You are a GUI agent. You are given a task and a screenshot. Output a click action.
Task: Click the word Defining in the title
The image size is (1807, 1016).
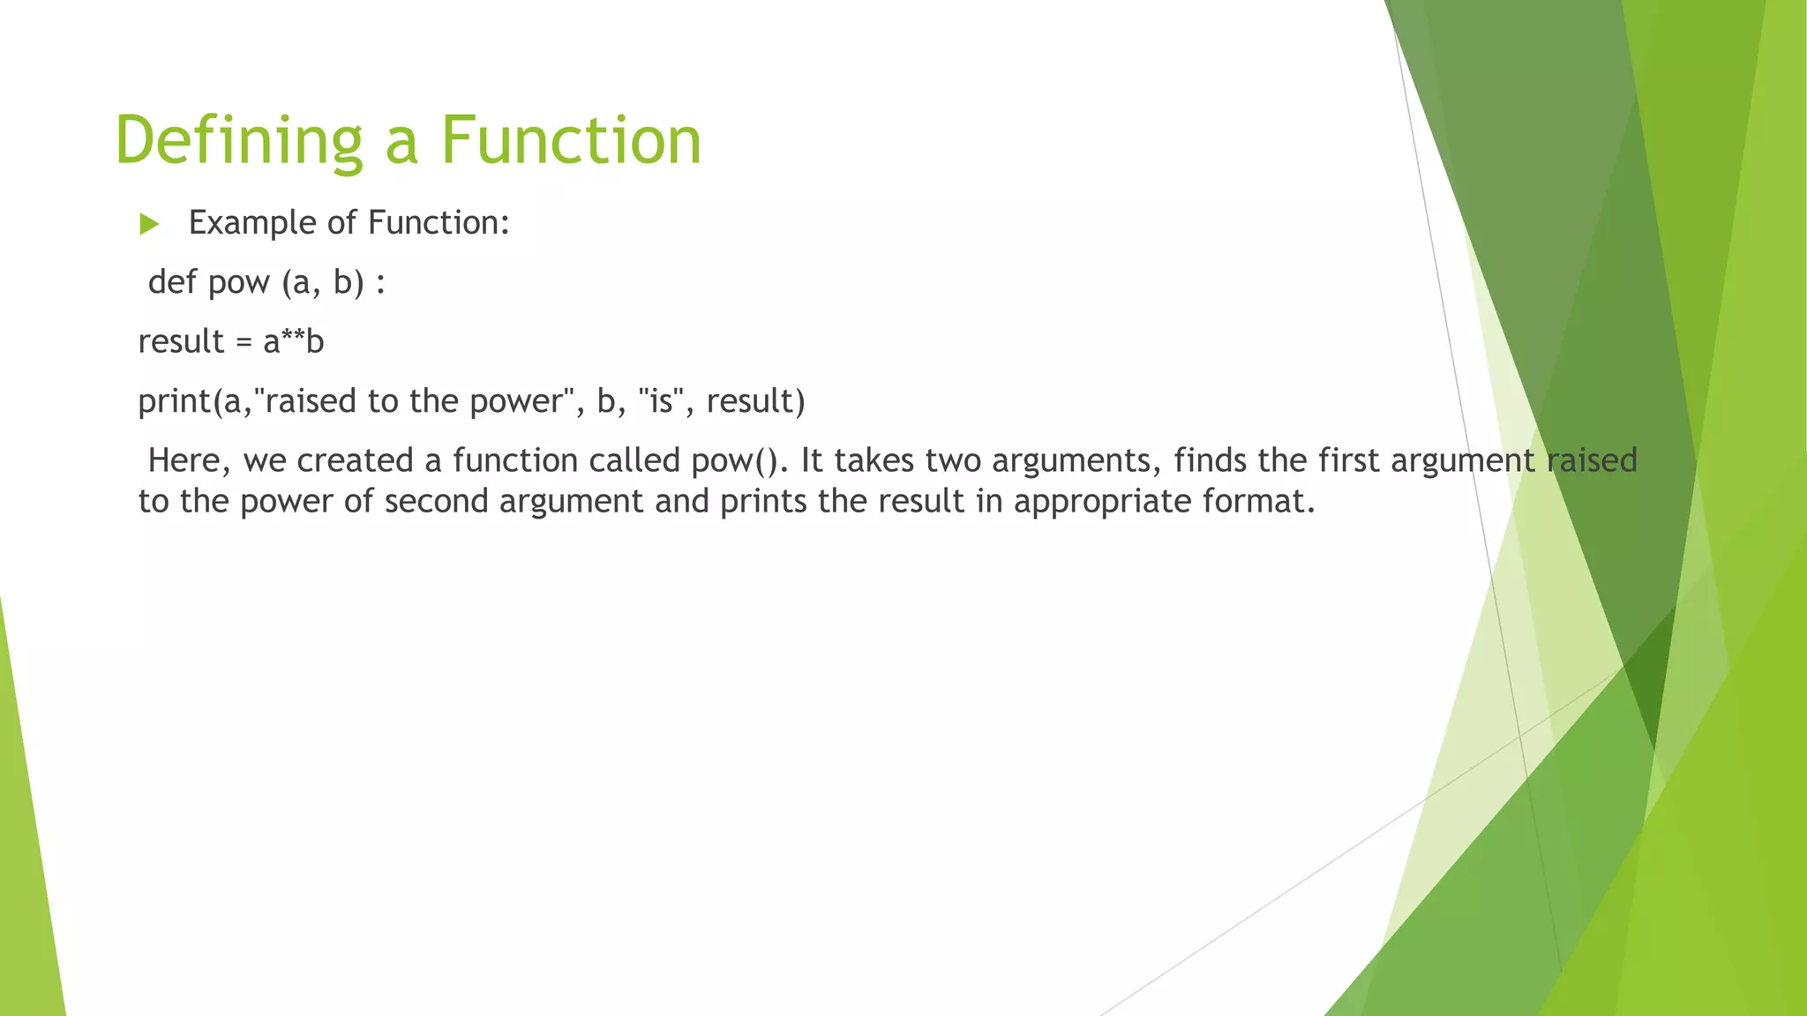(238, 141)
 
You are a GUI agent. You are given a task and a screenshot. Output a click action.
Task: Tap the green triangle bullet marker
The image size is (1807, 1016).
(149, 224)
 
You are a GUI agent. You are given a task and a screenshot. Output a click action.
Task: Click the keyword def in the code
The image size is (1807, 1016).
(172, 282)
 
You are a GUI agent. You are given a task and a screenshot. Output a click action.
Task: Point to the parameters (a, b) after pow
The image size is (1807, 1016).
(323, 283)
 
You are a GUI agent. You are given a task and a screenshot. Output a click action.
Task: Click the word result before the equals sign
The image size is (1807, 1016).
(181, 341)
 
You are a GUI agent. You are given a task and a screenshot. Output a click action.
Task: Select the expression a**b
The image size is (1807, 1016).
(294, 341)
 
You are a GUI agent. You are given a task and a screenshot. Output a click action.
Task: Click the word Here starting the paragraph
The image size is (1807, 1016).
(184, 460)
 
